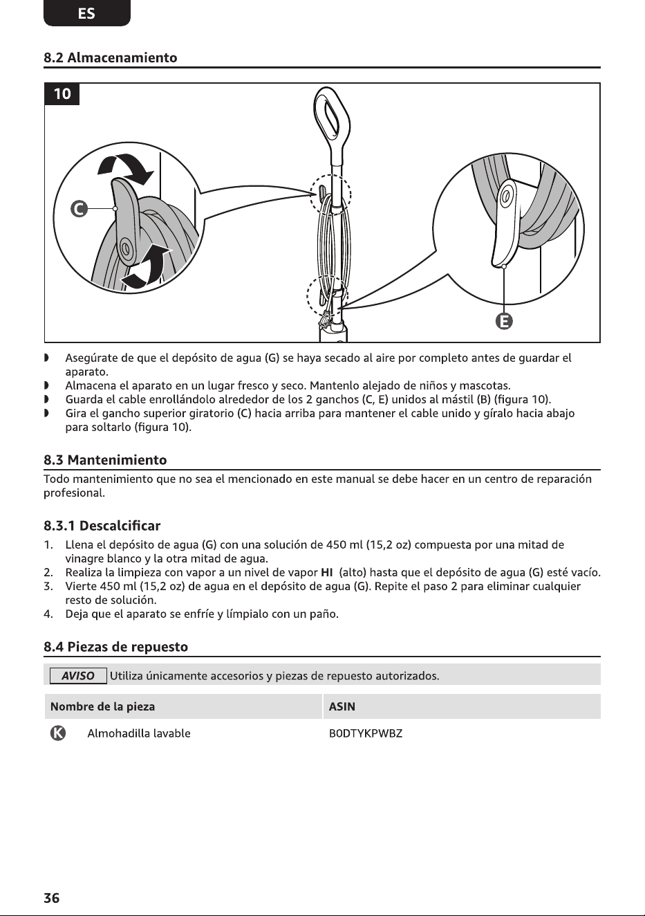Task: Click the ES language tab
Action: [x=86, y=13]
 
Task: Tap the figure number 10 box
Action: [x=62, y=94]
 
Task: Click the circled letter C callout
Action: [x=79, y=209]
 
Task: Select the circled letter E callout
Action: [x=504, y=322]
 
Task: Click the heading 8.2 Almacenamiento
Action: [x=111, y=57]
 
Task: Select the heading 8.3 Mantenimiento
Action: [x=105, y=460]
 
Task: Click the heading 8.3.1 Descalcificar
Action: [x=102, y=526]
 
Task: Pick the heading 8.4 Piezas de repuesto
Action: [x=115, y=646]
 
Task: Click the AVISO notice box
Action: [x=78, y=675]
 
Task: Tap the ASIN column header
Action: [x=342, y=706]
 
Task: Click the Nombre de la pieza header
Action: [x=102, y=706]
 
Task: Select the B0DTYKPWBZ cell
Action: [x=366, y=733]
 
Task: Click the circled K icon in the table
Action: [x=57, y=733]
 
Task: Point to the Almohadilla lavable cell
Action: [x=138, y=733]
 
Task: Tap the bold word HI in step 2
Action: [x=326, y=572]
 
